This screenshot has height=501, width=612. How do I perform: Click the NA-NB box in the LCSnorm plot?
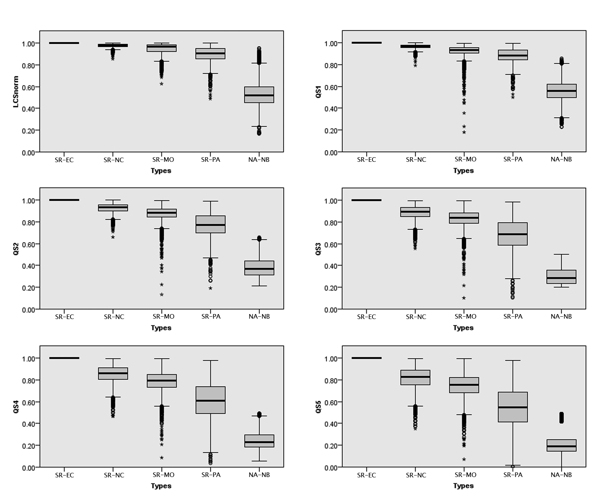pyautogui.click(x=259, y=95)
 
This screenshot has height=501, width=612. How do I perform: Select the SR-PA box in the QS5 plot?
pyautogui.click(x=513, y=407)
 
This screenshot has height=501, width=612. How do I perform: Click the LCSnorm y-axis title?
pyautogui.click(x=16, y=92)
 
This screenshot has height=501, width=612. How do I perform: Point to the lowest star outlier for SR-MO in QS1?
pyautogui.click(x=464, y=132)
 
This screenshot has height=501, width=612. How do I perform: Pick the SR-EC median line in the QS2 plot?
pyautogui.click(x=64, y=200)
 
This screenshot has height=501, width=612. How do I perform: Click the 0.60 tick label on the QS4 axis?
pyautogui.click(x=29, y=402)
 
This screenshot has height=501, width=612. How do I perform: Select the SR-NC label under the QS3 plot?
pyautogui.click(x=416, y=317)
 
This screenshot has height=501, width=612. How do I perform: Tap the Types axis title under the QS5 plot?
pyautogui.click(x=463, y=486)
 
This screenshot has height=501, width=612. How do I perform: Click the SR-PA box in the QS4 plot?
pyautogui.click(x=211, y=400)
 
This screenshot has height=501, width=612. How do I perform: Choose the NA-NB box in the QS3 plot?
pyautogui.click(x=561, y=277)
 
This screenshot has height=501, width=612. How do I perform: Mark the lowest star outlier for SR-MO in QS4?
pyautogui.click(x=161, y=458)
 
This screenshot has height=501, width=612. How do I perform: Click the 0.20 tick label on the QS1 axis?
pyautogui.click(x=331, y=131)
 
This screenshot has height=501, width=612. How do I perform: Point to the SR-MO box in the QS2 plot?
pyautogui.click(x=162, y=213)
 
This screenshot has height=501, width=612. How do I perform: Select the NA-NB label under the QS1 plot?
pyautogui.click(x=561, y=160)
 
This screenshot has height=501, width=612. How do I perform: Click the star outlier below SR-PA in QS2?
pyautogui.click(x=210, y=288)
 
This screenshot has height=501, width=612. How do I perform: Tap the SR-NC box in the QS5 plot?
pyautogui.click(x=415, y=377)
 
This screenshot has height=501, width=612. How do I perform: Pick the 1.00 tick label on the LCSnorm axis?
pyautogui.click(x=29, y=44)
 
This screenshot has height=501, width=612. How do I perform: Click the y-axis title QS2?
pyautogui.click(x=16, y=249)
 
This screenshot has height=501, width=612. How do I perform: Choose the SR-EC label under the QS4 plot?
pyautogui.click(x=64, y=475)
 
